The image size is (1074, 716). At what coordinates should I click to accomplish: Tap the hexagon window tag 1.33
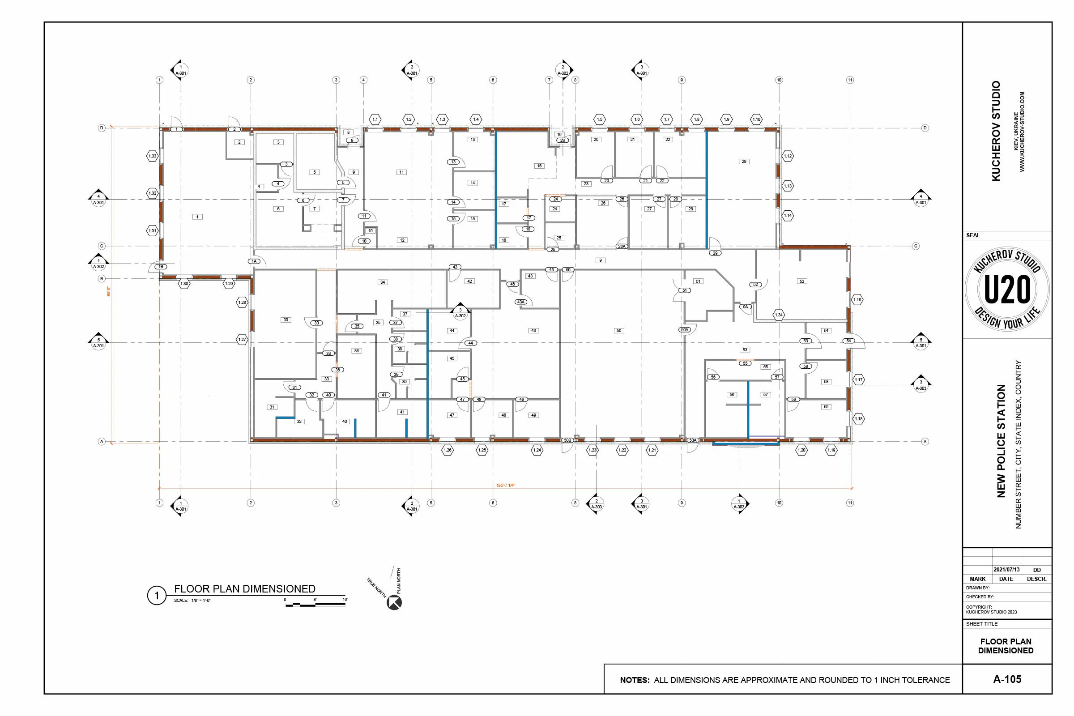tap(152, 156)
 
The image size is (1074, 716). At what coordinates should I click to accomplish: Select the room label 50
tap(619, 331)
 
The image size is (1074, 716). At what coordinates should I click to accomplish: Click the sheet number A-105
tap(1007, 679)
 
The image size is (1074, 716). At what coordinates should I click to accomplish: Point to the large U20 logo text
tap(1007, 290)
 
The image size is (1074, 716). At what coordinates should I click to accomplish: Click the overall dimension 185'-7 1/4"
tap(505, 486)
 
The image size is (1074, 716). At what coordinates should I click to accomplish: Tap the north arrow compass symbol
tap(394, 603)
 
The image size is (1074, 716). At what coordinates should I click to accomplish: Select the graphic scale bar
tap(315, 604)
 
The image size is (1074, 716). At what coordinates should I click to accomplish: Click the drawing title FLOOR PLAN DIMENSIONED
tap(245, 588)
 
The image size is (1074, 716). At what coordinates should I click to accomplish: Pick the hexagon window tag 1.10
tap(757, 119)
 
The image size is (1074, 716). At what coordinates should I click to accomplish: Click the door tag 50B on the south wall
tap(567, 440)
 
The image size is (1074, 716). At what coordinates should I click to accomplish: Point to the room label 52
tap(802, 281)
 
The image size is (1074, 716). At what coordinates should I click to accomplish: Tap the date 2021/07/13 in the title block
tap(1006, 570)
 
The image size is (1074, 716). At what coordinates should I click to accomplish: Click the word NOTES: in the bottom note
tap(634, 680)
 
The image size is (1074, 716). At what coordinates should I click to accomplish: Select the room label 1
tap(197, 217)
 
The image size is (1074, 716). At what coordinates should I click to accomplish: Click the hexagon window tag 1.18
tap(858, 419)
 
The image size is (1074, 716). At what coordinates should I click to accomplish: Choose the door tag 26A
tap(622, 246)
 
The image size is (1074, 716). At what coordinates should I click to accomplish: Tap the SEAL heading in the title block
tap(972, 235)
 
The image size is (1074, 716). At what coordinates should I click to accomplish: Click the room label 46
tap(533, 331)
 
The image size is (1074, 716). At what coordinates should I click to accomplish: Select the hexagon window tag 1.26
tap(447, 450)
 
